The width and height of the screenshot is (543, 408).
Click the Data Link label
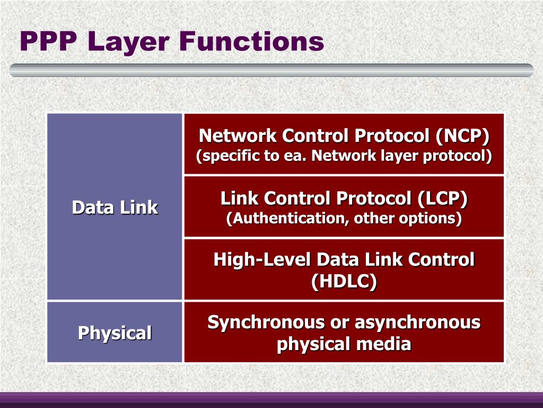(x=115, y=208)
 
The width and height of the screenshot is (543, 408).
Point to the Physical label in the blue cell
(x=115, y=333)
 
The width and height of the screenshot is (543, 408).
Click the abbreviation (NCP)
(x=462, y=137)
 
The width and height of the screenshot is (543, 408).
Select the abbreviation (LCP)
(x=442, y=199)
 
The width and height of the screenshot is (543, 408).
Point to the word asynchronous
(x=417, y=322)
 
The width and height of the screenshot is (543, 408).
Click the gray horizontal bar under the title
(x=271, y=70)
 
